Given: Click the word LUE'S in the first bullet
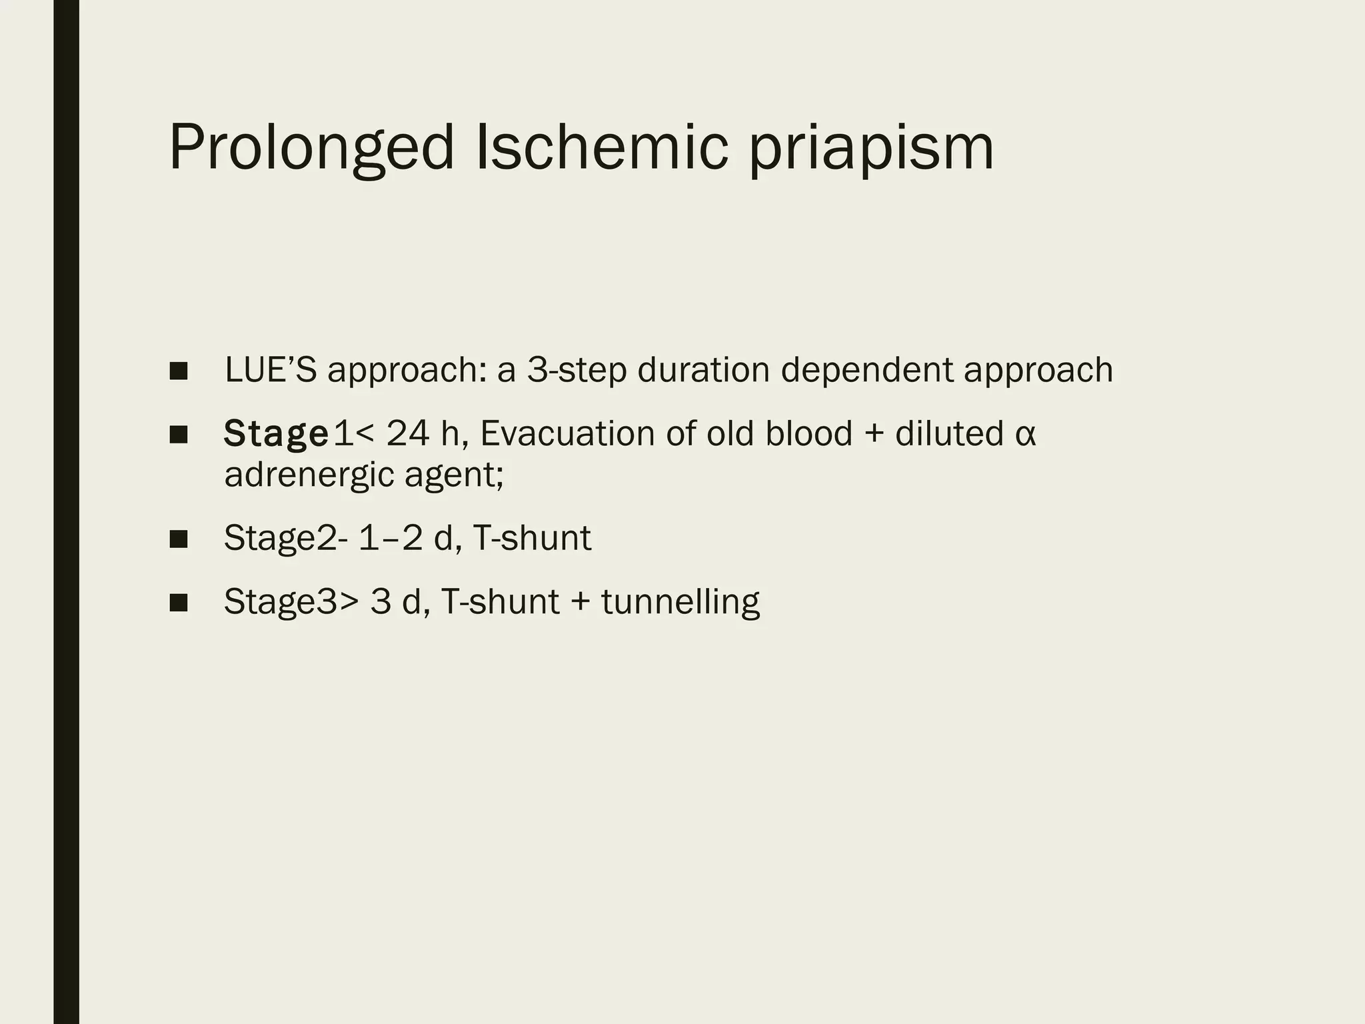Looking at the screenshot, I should pyautogui.click(x=271, y=369).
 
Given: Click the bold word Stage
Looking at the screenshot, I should pyautogui.click(x=276, y=435).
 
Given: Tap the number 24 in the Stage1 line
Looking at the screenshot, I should pyautogui.click(x=408, y=433).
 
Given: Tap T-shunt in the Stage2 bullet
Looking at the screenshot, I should pyautogui.click(x=531, y=538).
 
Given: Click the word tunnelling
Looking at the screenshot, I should pyautogui.click(x=680, y=603).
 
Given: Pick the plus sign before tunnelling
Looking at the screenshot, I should pyautogui.click(x=580, y=602).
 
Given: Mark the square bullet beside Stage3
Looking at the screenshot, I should pyautogui.click(x=179, y=603).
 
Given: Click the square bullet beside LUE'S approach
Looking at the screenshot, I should pyautogui.click(x=179, y=371).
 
